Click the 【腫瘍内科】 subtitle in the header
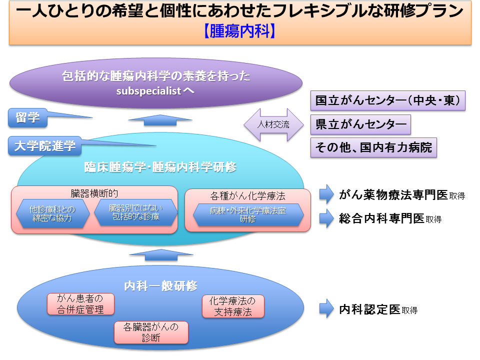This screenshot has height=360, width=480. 240,31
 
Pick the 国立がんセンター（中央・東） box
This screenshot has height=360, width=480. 388,101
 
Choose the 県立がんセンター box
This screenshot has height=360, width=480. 360,124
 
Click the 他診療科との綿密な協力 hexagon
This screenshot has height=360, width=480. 53,214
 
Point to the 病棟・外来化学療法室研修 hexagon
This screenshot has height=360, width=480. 248,214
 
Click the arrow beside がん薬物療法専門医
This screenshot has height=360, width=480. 326,195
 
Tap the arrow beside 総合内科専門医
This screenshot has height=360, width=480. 326,218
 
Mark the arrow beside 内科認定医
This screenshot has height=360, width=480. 326,309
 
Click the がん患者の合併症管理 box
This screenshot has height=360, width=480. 80,304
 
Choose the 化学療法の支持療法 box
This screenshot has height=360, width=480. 232,306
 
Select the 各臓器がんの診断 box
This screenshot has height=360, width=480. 151,332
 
